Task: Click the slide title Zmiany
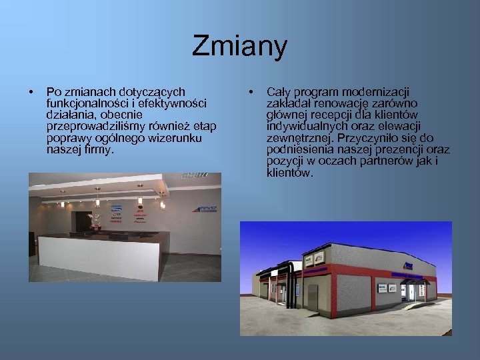[x=239, y=47]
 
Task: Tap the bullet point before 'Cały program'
[x=250, y=91]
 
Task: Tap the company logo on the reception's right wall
[x=205, y=208]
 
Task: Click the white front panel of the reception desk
[x=100, y=253]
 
